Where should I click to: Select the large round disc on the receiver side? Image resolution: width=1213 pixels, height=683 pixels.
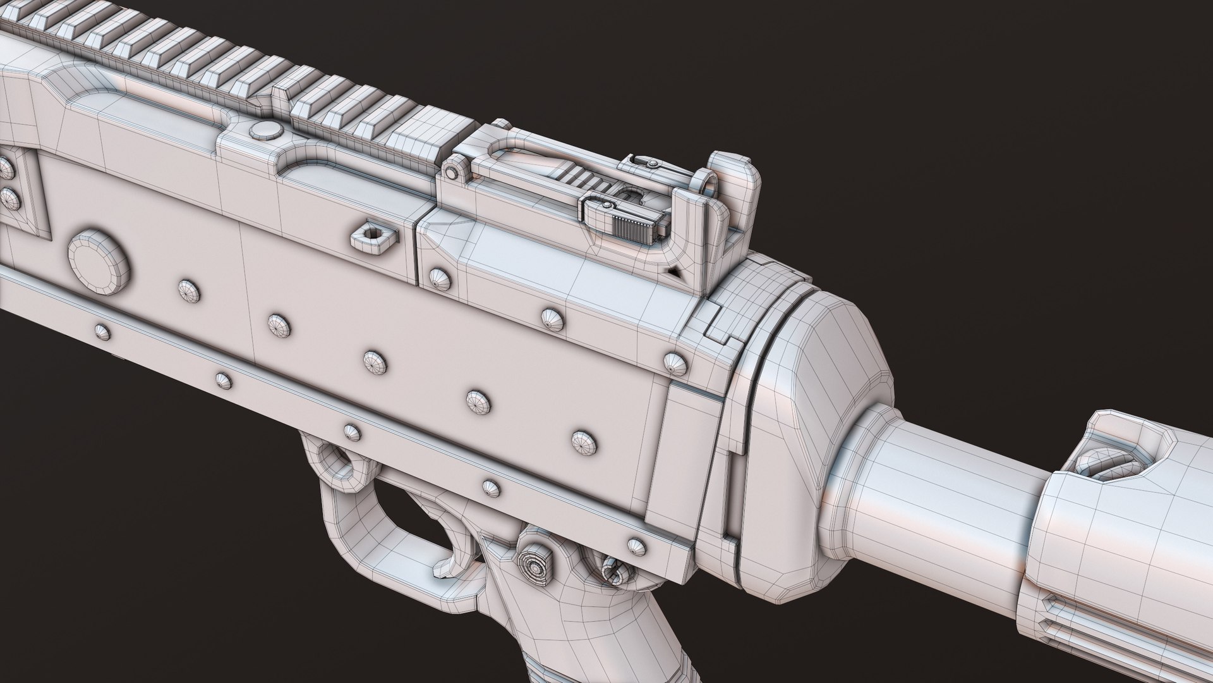100,258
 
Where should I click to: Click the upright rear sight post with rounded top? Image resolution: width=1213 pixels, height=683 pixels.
733,190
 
